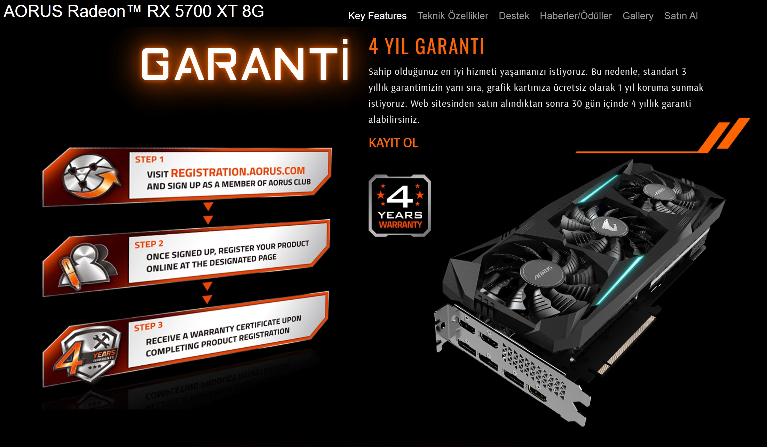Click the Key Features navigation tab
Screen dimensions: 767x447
point(377,16)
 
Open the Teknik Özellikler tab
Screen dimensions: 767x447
point(452,16)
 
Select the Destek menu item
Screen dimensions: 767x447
point(514,16)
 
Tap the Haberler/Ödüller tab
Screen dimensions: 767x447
point(576,16)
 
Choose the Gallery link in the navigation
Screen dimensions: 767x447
point(638,16)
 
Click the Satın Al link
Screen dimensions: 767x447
point(681,16)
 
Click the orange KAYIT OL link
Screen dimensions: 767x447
point(393,143)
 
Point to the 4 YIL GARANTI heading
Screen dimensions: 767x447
point(426,47)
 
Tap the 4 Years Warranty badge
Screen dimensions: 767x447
point(400,206)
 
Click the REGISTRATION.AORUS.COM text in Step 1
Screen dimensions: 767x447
point(238,172)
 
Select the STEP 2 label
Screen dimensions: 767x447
point(149,244)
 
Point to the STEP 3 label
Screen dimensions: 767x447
point(148,326)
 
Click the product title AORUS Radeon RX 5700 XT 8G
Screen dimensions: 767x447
point(134,11)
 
